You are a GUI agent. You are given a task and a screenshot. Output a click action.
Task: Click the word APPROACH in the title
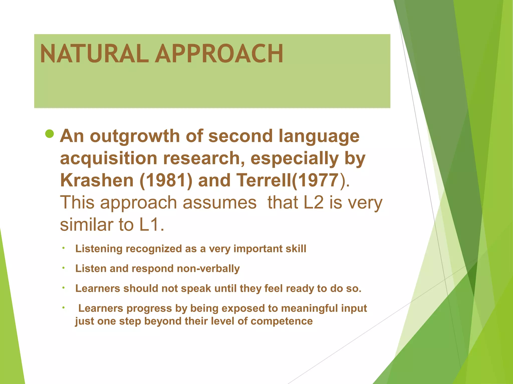coord(219,53)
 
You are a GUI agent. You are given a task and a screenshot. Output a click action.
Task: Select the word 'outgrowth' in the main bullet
coord(135,136)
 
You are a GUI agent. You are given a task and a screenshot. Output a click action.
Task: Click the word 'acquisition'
coord(109,158)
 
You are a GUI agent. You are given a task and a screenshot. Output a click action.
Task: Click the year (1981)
coord(166,181)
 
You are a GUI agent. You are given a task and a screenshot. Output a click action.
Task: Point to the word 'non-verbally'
coord(208,268)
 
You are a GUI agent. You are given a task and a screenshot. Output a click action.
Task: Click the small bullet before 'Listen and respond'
coord(64,268)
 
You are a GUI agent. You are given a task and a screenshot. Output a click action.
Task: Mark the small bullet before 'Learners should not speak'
coord(64,288)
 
